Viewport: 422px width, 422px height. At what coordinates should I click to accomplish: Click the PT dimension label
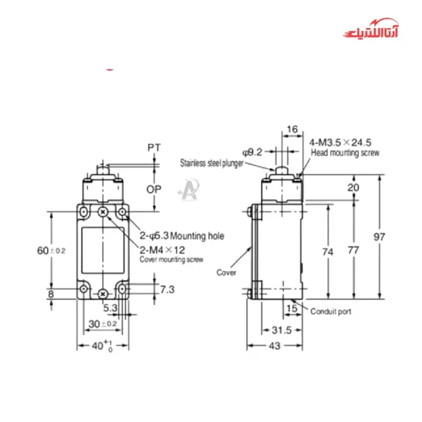[x=155, y=148]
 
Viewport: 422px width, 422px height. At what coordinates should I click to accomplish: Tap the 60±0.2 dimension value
[x=51, y=250]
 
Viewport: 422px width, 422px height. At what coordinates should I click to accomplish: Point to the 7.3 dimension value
[x=167, y=289]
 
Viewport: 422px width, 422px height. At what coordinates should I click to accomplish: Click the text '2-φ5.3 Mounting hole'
[x=181, y=236]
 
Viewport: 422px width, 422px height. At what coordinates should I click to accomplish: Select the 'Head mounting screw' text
[x=345, y=153]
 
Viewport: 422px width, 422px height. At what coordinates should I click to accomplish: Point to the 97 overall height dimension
[x=399, y=237]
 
